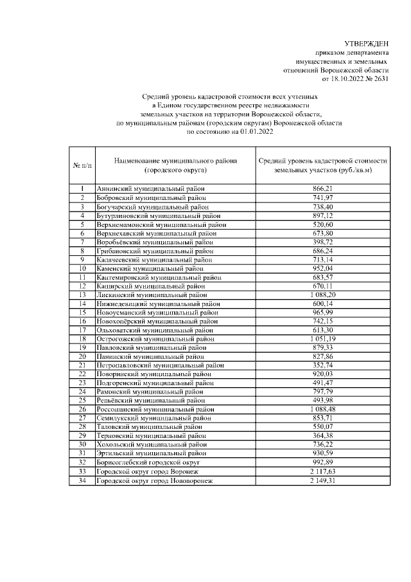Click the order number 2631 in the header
380,78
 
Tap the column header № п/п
82,165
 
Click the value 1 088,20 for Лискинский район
322,294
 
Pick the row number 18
82,338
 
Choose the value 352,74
322,365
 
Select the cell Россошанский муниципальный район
155,409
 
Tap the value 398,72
322,241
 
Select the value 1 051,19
322,338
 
